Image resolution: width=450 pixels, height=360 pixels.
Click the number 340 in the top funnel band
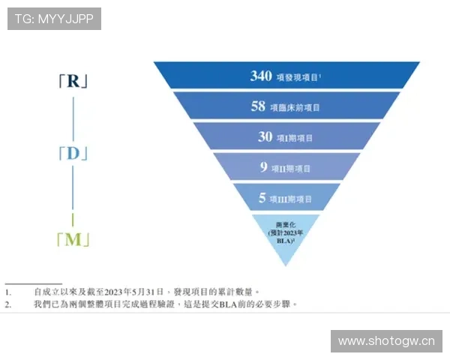point(260,76)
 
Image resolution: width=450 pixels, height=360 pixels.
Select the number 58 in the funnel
point(258,107)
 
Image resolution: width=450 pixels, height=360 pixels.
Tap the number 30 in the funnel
point(265,137)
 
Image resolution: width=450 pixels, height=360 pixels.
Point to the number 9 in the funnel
point(264,168)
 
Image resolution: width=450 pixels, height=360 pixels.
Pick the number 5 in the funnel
point(262,199)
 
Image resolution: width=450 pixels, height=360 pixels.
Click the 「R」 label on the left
point(73,81)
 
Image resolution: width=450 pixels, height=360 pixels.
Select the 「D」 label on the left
point(73,154)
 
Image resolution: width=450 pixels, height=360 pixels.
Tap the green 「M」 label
point(73,240)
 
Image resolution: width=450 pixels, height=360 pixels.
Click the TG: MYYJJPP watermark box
point(54,19)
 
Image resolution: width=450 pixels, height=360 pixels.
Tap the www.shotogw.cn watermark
point(386,341)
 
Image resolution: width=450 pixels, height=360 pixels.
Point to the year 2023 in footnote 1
point(115,292)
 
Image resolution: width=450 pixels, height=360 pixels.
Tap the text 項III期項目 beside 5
point(294,199)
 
